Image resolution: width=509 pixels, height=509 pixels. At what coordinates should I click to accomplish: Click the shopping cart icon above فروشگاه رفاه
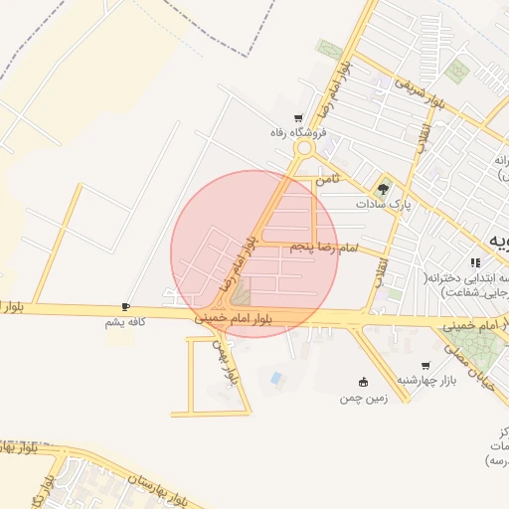click(299, 118)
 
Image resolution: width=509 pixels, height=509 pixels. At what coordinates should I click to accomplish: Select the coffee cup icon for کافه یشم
click(125, 307)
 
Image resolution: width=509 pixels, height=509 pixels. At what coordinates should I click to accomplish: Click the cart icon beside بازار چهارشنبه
click(425, 365)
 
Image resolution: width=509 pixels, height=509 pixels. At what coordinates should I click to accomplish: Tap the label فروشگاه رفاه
click(299, 132)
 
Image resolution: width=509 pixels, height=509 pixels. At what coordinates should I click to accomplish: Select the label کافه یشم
click(126, 322)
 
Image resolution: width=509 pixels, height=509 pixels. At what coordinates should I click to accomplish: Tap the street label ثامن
click(327, 181)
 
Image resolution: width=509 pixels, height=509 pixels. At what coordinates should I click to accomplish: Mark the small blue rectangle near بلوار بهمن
click(275, 378)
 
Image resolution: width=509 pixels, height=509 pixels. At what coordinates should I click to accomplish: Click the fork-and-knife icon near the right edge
click(476, 262)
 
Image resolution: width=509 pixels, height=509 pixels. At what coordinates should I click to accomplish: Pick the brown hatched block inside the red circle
click(242, 292)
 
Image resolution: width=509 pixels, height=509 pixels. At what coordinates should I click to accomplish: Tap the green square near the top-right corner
click(457, 71)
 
